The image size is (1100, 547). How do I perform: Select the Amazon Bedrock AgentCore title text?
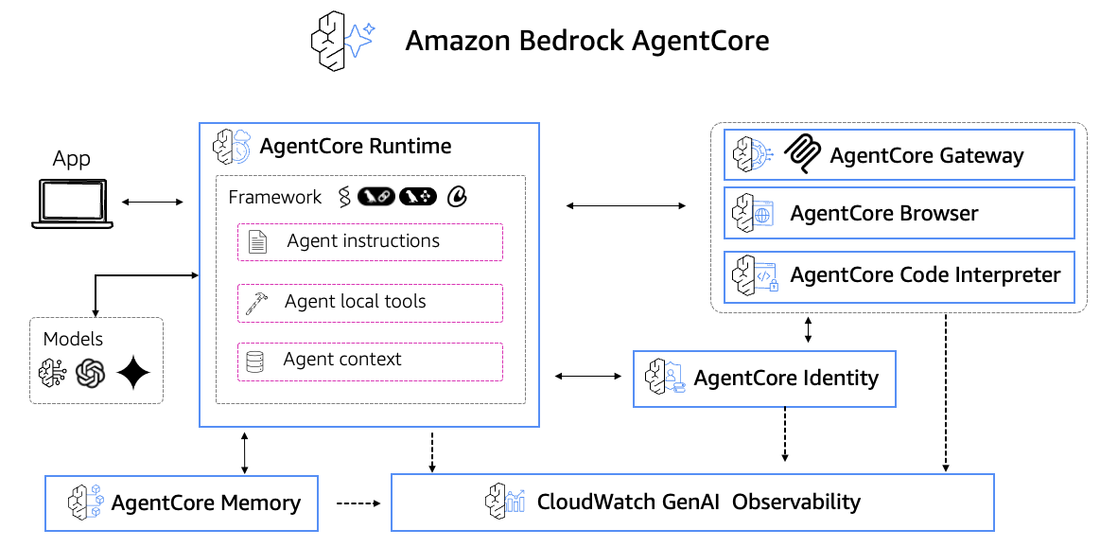coord(586,41)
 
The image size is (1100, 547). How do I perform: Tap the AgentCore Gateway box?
coord(899,155)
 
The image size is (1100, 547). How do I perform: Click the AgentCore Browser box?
coord(899,214)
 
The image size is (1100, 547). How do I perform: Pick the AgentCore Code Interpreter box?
coord(899,276)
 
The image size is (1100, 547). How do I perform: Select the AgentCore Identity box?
coord(764,379)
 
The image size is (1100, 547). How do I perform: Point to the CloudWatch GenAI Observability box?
coord(692,502)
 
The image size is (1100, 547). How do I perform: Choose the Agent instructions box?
coord(370,241)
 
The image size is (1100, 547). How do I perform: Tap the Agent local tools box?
coord(370,302)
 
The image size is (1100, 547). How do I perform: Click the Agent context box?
coord(370,361)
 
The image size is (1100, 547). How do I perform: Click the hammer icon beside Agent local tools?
coord(255,302)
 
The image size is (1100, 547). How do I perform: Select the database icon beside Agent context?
coord(254,362)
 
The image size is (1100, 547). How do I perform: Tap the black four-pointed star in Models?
coord(133,374)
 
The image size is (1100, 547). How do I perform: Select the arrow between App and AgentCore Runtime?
coord(152,202)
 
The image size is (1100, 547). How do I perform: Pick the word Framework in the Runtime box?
coord(275,197)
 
